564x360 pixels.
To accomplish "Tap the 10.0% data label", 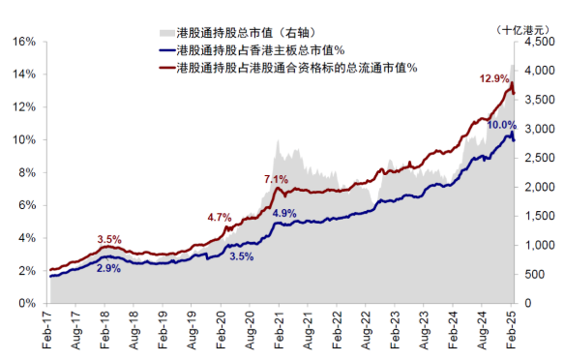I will (x=501, y=126).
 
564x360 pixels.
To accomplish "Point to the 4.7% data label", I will (x=220, y=218).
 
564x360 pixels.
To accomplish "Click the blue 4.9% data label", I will (x=285, y=213).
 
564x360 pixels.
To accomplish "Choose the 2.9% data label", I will (x=108, y=268).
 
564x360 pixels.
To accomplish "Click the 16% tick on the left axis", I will (x=23, y=42).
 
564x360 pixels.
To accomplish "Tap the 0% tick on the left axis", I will (x=26, y=303).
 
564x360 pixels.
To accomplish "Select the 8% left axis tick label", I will (x=26, y=172).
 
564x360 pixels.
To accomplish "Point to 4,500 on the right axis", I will (x=538, y=42).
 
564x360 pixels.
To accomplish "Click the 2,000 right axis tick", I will (x=538, y=187).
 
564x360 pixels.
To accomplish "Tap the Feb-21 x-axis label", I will (x=280, y=328).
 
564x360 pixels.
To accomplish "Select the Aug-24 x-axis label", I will (x=483, y=328).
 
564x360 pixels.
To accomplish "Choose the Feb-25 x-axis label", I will (x=512, y=328).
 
